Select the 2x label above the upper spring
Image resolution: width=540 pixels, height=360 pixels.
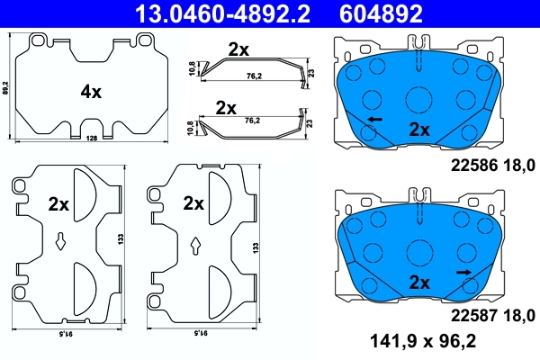pos(238,50)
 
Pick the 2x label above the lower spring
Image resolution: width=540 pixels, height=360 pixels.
pos(225,107)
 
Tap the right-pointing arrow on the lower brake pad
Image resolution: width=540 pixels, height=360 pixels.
pos(464,271)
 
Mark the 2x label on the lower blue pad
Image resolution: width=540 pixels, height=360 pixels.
pos(420,282)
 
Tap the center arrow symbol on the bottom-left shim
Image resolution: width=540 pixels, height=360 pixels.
pos(60,240)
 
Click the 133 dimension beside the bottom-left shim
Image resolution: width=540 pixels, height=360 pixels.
pos(121,240)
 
